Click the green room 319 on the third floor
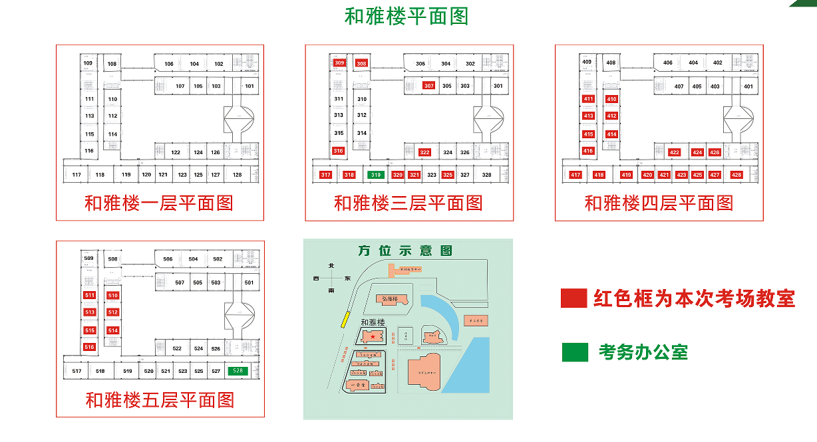(375, 175)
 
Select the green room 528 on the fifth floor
(238, 371)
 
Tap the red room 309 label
(339, 63)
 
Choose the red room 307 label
(428, 86)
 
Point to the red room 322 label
(425, 152)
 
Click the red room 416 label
(588, 151)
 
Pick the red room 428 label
(736, 175)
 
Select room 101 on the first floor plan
(249, 86)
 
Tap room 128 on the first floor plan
(238, 175)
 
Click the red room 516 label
(89, 347)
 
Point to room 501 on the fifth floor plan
(249, 282)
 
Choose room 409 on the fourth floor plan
(587, 62)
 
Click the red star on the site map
(373, 337)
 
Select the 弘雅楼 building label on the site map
(390, 299)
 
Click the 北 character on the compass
(331, 266)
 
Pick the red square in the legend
(574, 298)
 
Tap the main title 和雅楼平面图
(407, 16)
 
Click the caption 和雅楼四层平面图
(659, 203)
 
